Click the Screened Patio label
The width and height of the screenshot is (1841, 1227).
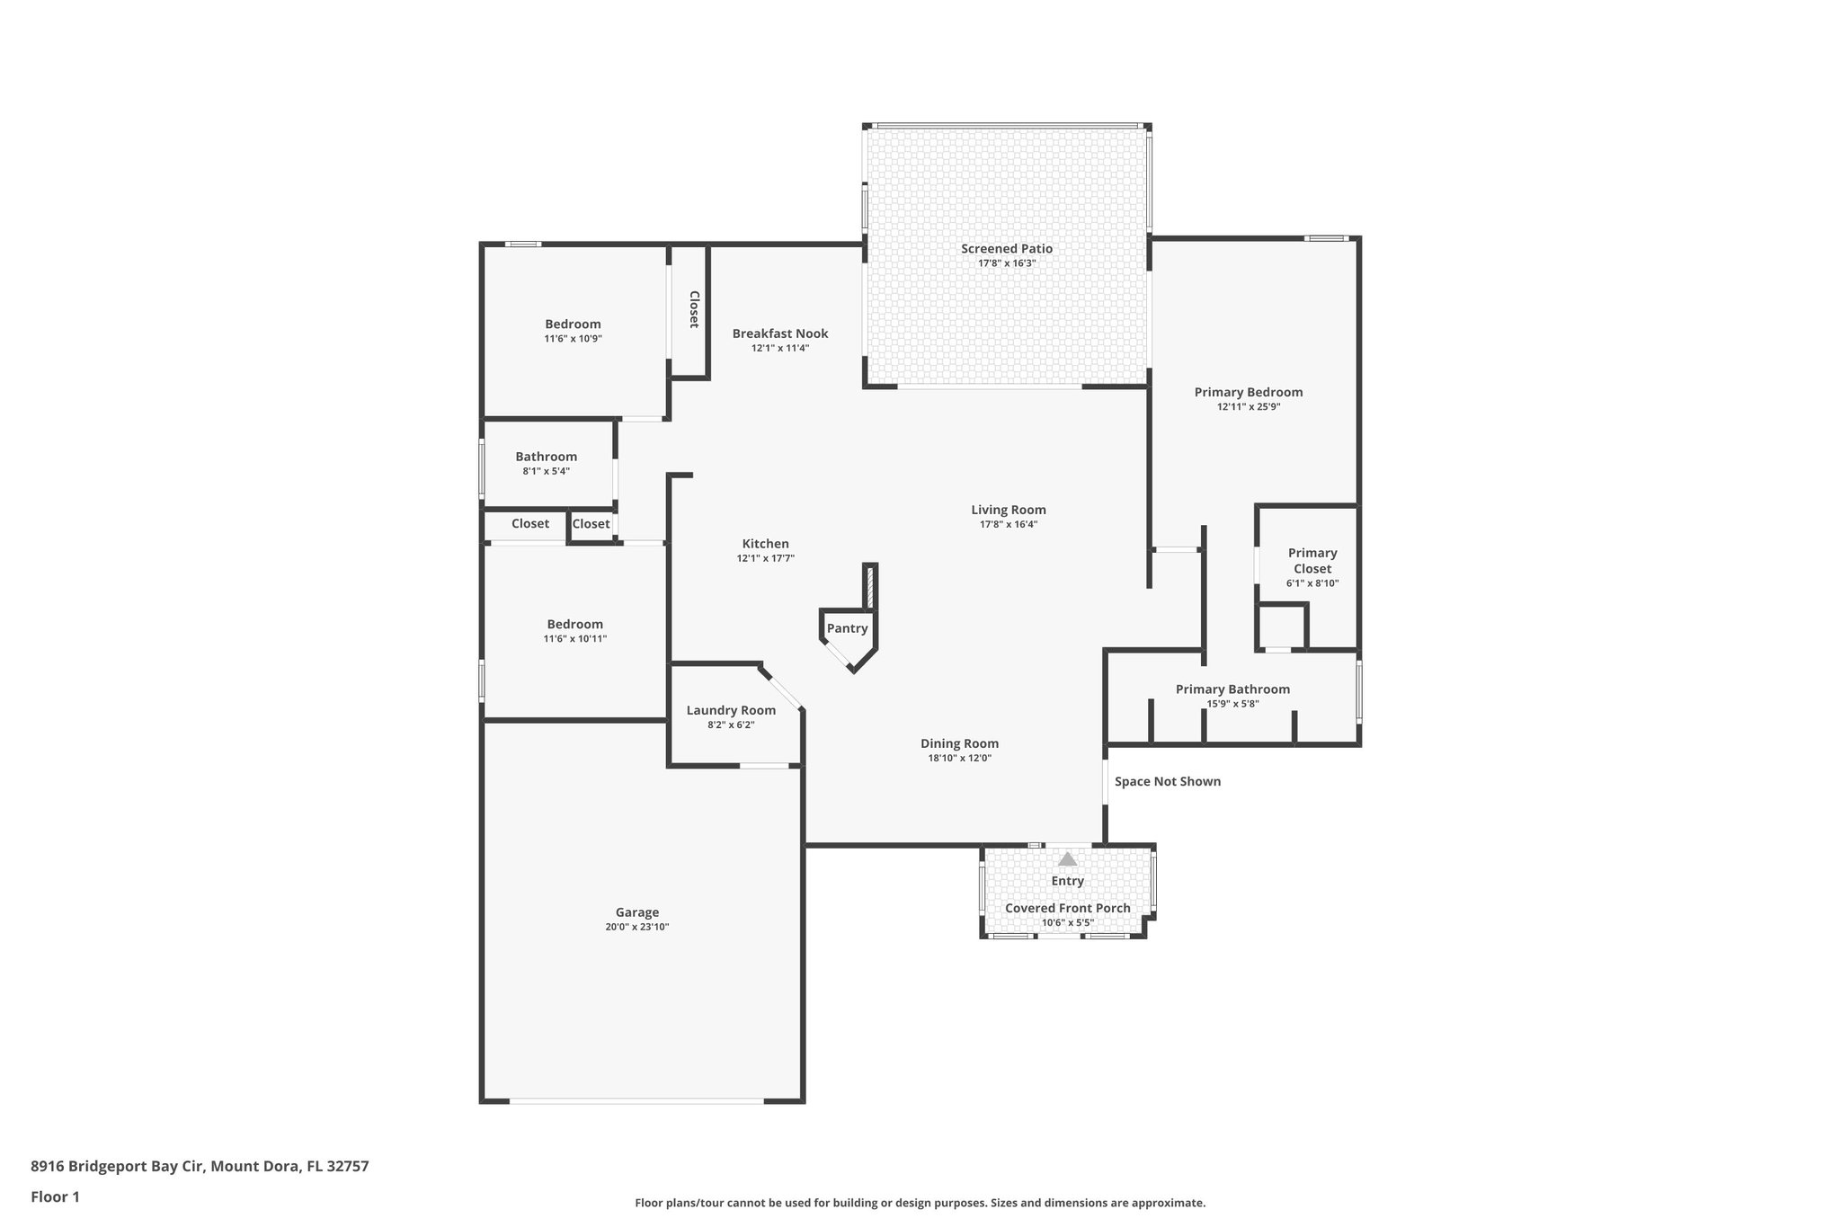click(x=1006, y=249)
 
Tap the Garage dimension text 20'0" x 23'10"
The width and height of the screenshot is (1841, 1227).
click(x=636, y=927)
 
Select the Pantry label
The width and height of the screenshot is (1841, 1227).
click(x=847, y=628)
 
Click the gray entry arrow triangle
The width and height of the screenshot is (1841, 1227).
click(x=1067, y=859)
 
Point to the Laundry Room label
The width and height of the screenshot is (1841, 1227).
click(x=731, y=710)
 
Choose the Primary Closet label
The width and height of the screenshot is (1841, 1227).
click(x=1312, y=561)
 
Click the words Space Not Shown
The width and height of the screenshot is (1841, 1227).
click(x=1167, y=781)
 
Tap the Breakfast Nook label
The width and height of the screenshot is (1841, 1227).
click(x=779, y=333)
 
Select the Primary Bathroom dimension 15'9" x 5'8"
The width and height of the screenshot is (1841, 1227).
click(x=1232, y=704)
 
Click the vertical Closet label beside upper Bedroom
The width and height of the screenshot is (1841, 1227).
click(x=694, y=309)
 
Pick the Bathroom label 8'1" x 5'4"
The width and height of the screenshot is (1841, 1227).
click(x=546, y=457)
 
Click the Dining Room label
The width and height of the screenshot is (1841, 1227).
click(x=959, y=743)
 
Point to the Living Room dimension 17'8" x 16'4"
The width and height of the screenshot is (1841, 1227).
click(x=1008, y=524)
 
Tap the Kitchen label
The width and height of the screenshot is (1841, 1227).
click(x=765, y=544)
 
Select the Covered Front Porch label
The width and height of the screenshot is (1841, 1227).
click(x=1067, y=908)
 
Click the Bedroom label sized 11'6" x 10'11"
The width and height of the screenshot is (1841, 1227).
click(x=574, y=624)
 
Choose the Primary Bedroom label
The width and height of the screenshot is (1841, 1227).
click(x=1248, y=392)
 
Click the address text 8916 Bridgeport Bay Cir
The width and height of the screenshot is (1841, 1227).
click(x=119, y=1166)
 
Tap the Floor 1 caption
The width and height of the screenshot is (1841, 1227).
click(x=55, y=1196)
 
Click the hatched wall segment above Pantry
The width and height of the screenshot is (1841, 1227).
click(x=869, y=589)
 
